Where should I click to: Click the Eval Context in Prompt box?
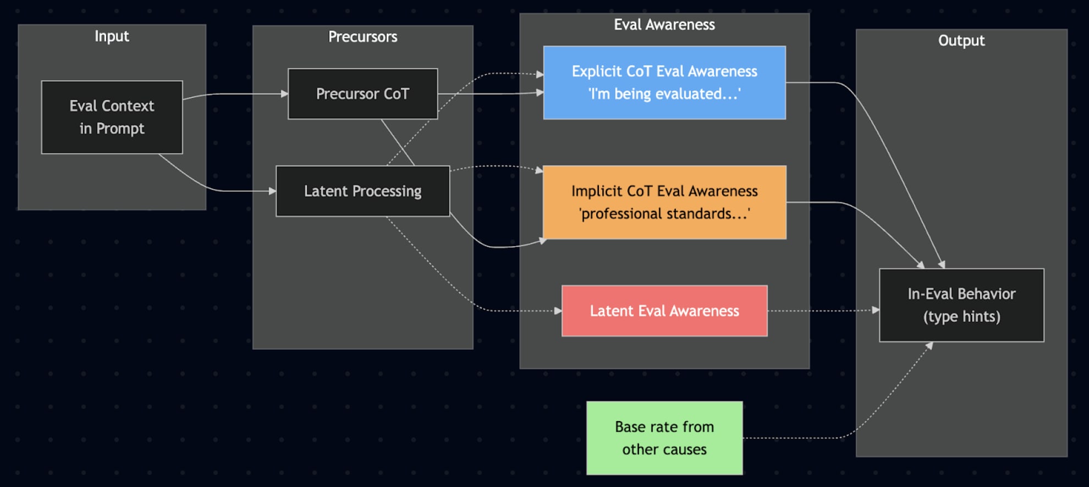[x=112, y=117]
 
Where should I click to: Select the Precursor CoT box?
[x=362, y=94]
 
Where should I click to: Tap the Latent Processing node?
[x=362, y=191]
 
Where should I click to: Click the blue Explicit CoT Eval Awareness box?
[x=664, y=82]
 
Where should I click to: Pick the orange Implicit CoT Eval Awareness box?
[x=664, y=202]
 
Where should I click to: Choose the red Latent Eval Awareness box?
[x=664, y=311]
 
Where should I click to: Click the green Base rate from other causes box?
[x=664, y=438]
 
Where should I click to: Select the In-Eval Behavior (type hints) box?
[x=961, y=305]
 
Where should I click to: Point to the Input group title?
[x=112, y=36]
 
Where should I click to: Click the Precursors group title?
[x=362, y=37]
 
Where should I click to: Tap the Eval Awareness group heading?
[x=664, y=25]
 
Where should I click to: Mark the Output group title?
[x=961, y=41]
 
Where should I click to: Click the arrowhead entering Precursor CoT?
[x=284, y=94]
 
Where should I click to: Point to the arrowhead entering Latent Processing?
[x=272, y=191]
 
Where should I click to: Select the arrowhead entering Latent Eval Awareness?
[x=558, y=311]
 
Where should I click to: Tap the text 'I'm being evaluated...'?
[x=664, y=94]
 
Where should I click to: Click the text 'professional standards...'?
[x=664, y=214]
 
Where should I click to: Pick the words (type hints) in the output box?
[x=961, y=317]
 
